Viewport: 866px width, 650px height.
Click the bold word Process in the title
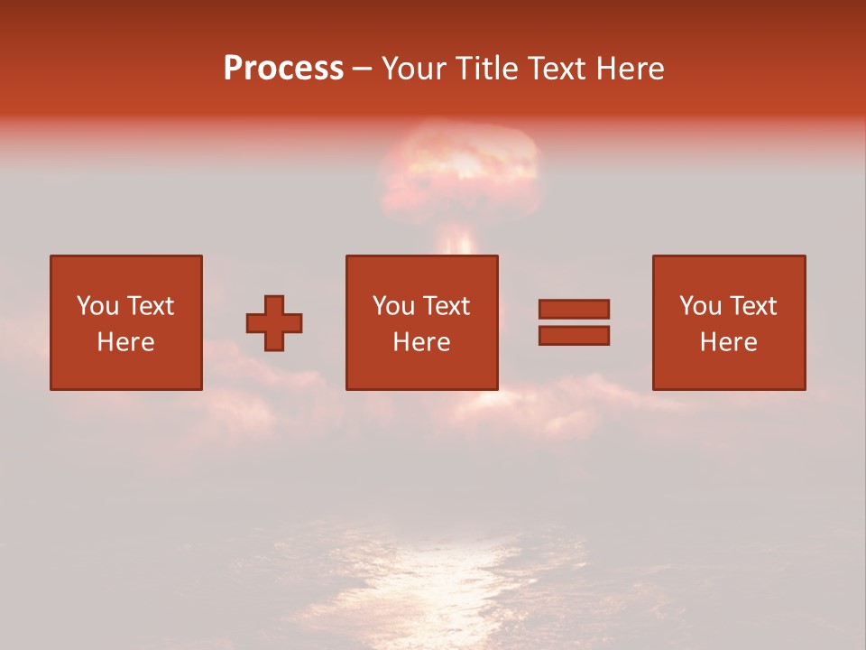pos(283,68)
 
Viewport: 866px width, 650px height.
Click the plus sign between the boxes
pos(274,322)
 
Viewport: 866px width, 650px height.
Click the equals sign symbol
pos(574,322)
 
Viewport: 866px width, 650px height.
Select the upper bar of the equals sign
pos(574,309)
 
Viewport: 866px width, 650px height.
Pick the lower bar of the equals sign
pos(574,336)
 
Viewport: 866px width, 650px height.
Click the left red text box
pos(125,322)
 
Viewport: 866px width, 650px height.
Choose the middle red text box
pos(421,322)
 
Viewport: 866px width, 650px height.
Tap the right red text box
pos(728,322)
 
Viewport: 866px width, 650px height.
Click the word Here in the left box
pos(125,342)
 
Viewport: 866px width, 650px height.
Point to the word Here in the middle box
pos(421,342)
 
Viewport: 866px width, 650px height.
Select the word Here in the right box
pos(728,342)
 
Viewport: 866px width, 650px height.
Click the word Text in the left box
pos(149,306)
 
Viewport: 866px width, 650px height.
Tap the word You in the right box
pos(700,306)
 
